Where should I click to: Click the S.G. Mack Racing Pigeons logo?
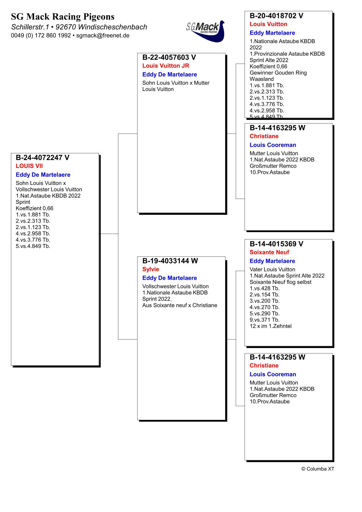coord(206,30)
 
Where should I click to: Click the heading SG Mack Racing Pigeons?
coord(63,16)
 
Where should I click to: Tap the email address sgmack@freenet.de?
coord(103,36)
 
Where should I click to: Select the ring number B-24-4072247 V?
coord(43,158)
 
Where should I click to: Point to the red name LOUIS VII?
coord(29,166)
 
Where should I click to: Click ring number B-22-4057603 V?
coord(169,57)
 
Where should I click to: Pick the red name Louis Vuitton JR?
coord(166,66)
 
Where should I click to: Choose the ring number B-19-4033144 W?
coord(170,261)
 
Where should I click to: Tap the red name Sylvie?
coord(151,269)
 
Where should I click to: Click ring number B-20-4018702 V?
coord(277,16)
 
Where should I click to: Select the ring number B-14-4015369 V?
coord(277,244)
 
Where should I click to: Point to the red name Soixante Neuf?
coord(269,252)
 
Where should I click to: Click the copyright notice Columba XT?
coord(318,469)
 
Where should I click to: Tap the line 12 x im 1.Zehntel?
coord(270,326)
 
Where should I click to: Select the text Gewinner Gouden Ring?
coord(278,73)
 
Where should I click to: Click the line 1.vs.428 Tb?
coord(264,288)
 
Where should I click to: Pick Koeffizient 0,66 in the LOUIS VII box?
coord(34,208)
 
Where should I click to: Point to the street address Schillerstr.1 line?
coord(79,27)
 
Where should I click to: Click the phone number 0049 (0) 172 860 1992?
coord(41,36)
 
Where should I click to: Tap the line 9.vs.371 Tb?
coord(264,320)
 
